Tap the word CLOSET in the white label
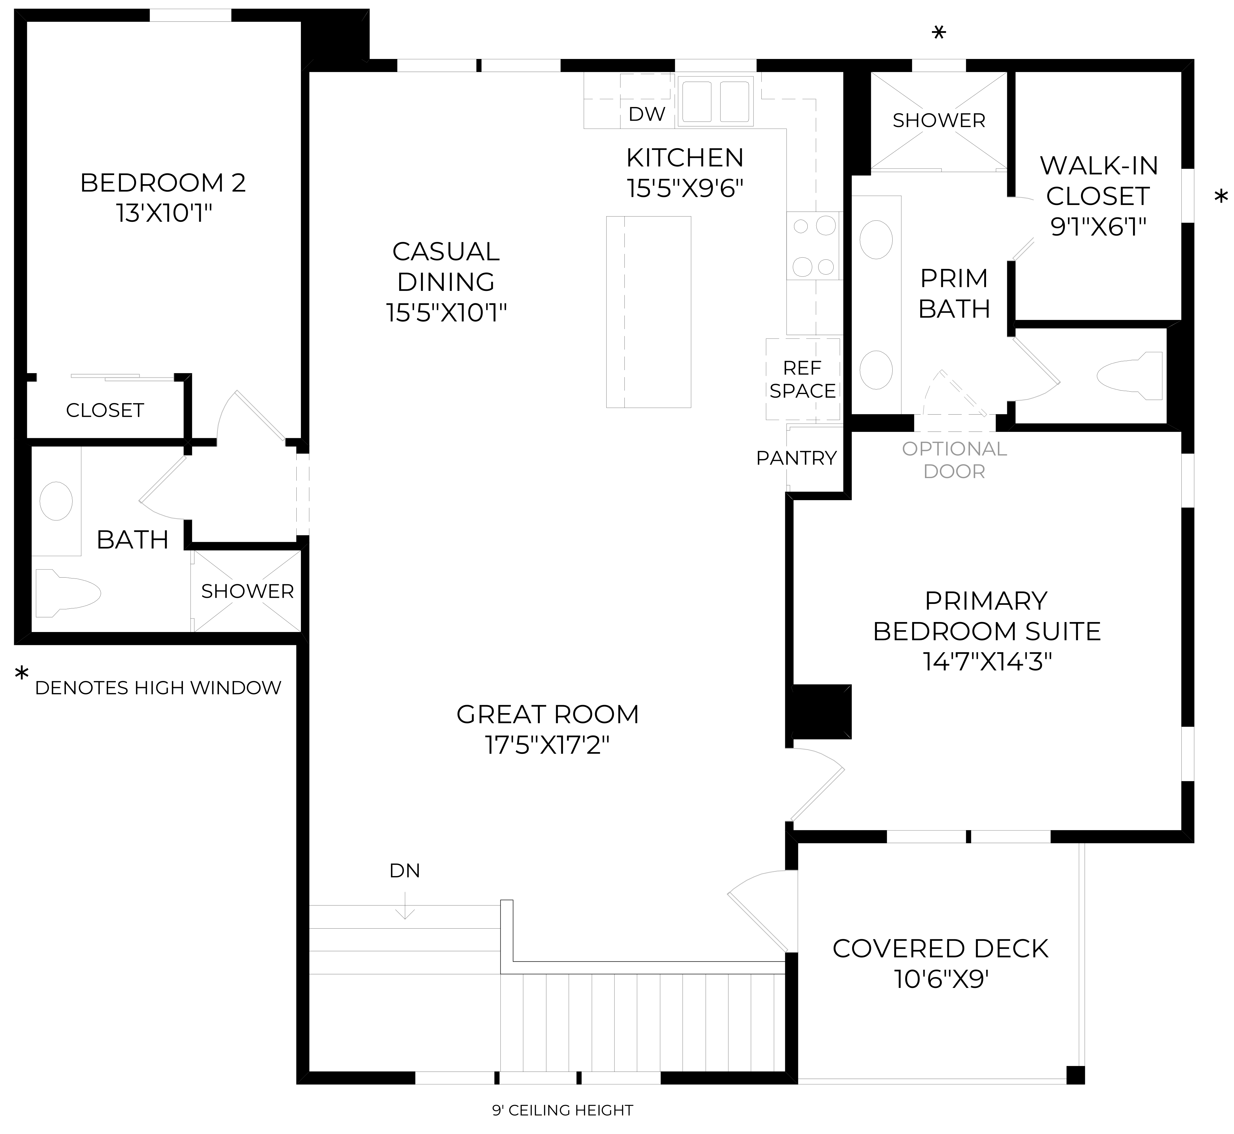pyautogui.click(x=1098, y=196)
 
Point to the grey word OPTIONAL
pyautogui.click(x=954, y=449)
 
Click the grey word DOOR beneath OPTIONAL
pyautogui.click(x=954, y=472)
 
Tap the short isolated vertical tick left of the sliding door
pyautogui.click(x=37, y=377)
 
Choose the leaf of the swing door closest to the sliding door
pyautogui.click(x=260, y=415)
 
